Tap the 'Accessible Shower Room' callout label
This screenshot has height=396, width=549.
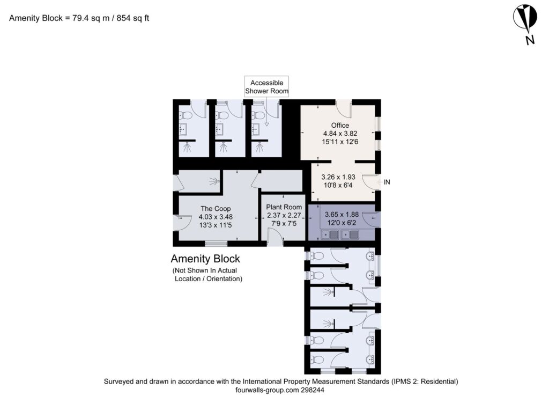(x=266, y=87)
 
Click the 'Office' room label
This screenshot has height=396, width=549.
(x=340, y=126)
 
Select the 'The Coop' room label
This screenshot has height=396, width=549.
(x=216, y=209)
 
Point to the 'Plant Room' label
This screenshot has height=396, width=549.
(x=284, y=207)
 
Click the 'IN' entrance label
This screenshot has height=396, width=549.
(x=387, y=182)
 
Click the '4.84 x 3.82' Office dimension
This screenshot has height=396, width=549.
(x=340, y=134)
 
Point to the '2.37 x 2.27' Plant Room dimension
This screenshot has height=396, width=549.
(x=284, y=216)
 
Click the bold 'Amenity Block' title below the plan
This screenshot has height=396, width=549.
(x=205, y=259)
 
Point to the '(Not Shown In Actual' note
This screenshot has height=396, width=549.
(x=204, y=270)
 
